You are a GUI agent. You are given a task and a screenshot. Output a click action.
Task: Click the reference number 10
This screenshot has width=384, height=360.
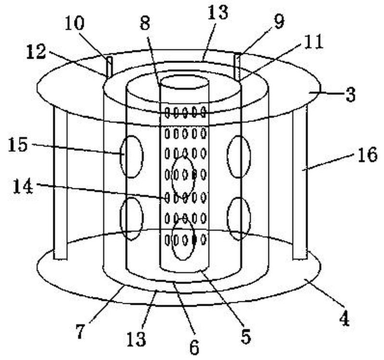[74, 23]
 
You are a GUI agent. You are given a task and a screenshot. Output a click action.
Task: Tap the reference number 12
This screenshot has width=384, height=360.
[36, 52]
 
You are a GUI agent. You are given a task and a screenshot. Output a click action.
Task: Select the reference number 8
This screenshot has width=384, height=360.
[145, 24]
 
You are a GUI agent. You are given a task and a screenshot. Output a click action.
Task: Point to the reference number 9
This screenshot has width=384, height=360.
[279, 22]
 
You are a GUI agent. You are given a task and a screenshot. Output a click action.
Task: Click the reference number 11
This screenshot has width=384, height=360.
[314, 42]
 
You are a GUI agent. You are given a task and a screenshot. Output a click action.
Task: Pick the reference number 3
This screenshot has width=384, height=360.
[350, 95]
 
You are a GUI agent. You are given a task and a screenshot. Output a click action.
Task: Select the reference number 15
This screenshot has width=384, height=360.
[18, 145]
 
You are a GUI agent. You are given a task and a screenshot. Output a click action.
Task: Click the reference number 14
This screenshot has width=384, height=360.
[23, 186]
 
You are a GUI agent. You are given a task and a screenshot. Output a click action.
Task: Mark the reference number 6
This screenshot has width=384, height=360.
[194, 347]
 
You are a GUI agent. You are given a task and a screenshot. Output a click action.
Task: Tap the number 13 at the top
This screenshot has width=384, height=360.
[218, 12]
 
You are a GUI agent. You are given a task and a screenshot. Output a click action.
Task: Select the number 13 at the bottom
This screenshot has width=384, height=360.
[136, 339]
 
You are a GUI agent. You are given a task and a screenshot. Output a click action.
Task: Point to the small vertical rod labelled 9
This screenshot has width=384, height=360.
[237, 66]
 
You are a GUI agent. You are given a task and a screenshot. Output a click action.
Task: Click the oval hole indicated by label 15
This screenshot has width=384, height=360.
[132, 157]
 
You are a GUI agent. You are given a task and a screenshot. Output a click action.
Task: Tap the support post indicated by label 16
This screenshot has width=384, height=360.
[300, 181]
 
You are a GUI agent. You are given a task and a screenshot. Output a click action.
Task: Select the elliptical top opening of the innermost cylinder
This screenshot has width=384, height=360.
[184, 83]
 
